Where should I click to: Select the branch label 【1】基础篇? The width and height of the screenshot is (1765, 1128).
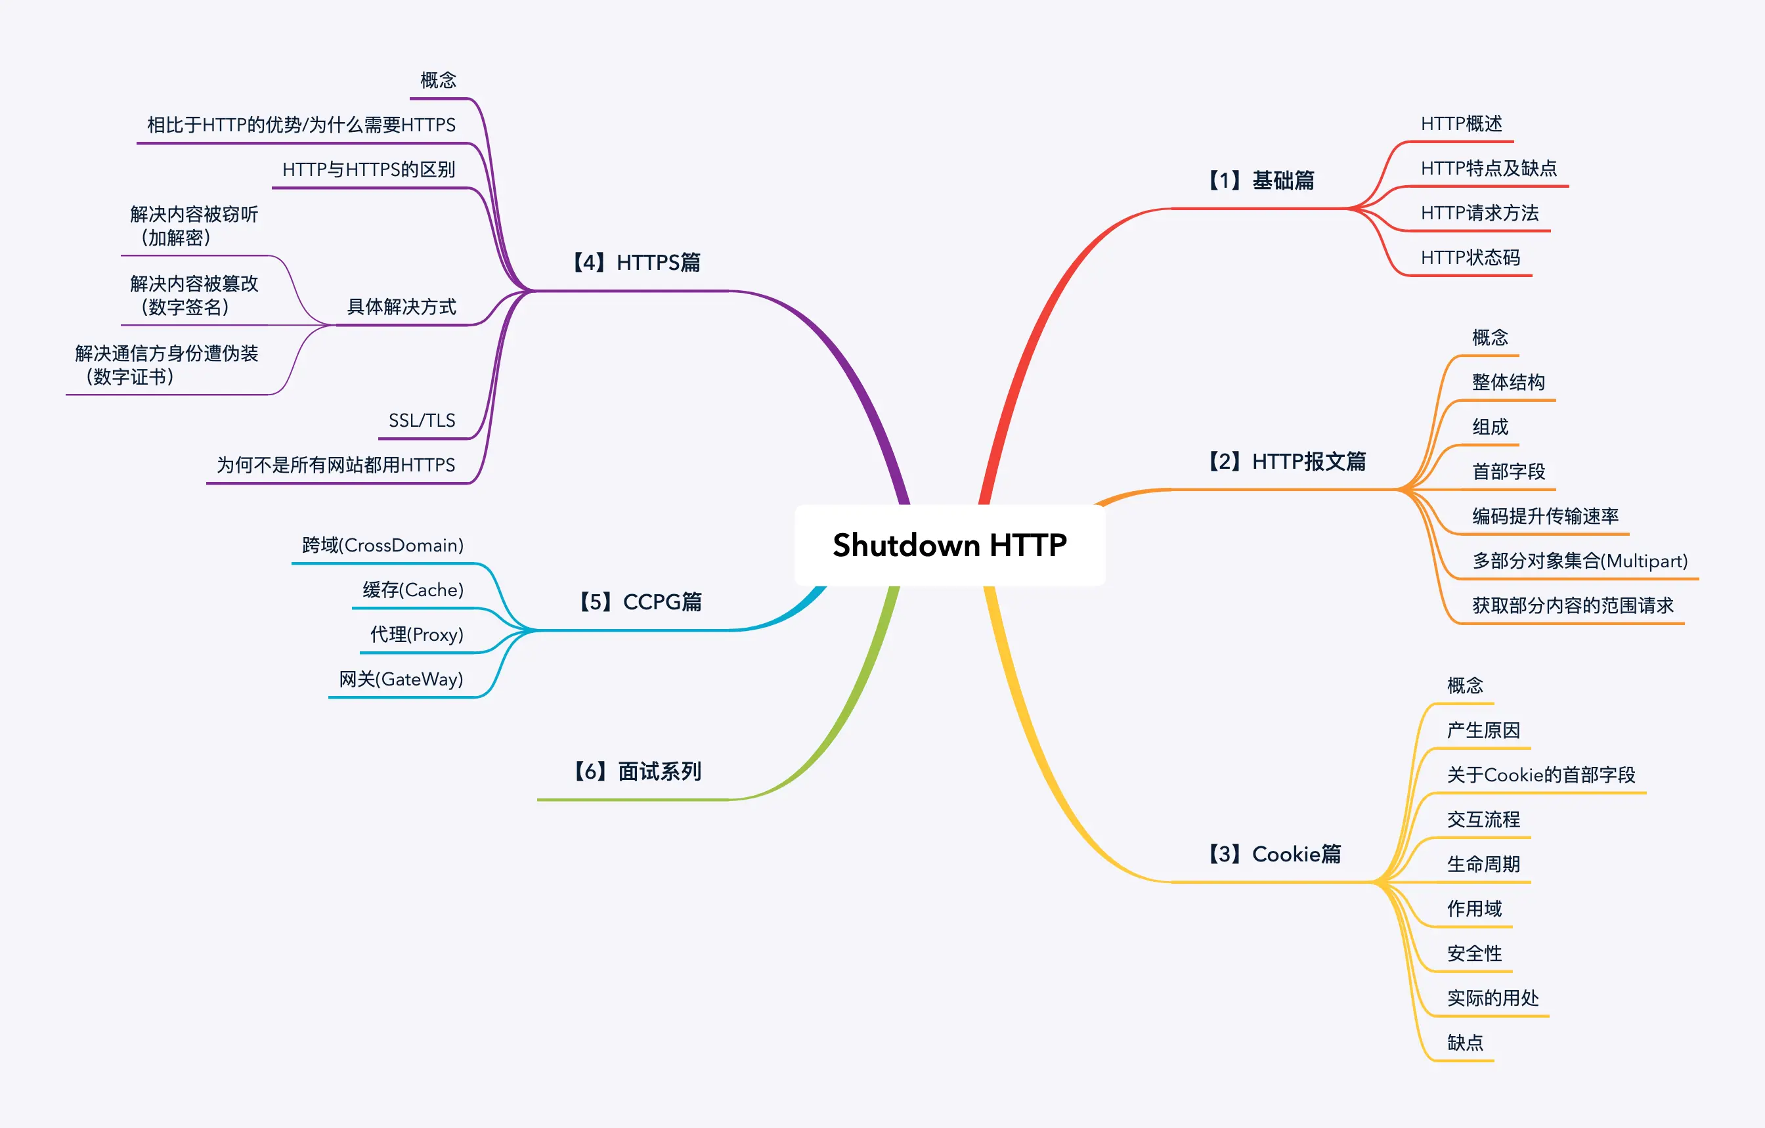point(1260,181)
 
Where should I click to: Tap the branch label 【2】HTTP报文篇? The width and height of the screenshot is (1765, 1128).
point(1286,461)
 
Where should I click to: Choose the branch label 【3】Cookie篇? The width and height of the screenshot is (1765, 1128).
point(1274,854)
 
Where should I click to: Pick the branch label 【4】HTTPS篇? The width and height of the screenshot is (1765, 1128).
point(636,263)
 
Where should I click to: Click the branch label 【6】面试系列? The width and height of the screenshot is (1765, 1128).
point(636,771)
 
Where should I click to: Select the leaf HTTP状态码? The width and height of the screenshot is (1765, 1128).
point(1470,257)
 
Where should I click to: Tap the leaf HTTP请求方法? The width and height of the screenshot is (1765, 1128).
point(1479,213)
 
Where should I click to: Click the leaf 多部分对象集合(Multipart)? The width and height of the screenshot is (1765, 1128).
point(1580,561)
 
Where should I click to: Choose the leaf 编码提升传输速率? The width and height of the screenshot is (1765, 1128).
point(1545,516)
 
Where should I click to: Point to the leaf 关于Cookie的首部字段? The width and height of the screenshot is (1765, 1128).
point(1540,775)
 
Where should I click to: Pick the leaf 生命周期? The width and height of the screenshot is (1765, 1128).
point(1483,864)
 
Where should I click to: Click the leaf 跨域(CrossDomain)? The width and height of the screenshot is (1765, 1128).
point(383,546)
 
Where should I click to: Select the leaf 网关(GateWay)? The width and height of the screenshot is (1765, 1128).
point(401,680)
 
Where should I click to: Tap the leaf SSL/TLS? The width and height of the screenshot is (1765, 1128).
point(422,421)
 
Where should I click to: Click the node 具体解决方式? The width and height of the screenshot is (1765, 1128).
point(401,307)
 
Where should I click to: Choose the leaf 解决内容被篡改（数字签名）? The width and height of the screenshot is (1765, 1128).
point(194,295)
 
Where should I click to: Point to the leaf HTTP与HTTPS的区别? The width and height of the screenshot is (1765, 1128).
point(368,169)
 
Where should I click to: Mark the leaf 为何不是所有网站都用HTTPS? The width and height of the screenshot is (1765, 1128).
point(336,465)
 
